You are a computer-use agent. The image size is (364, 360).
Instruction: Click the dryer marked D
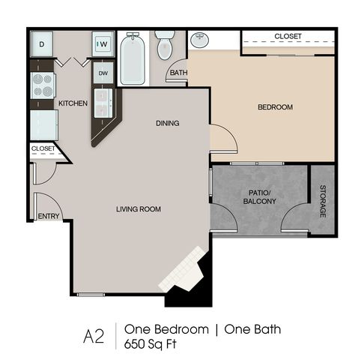(x=41, y=44)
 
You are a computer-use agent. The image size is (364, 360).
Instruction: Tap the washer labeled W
(x=103, y=44)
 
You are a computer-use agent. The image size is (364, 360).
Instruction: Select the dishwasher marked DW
(x=103, y=73)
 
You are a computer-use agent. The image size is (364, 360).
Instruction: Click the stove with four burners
(x=43, y=85)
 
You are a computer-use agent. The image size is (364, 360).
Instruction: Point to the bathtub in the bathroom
(x=133, y=58)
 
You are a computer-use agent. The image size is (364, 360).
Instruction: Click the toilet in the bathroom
(x=165, y=45)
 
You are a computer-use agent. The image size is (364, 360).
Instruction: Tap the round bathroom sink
(x=199, y=40)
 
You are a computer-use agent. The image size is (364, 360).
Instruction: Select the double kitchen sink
(x=103, y=103)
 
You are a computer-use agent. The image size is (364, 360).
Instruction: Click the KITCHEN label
(x=73, y=103)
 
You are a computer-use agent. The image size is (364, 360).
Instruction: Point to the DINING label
(x=168, y=123)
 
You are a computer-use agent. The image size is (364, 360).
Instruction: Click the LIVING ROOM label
(x=139, y=209)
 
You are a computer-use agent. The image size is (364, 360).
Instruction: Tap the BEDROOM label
(x=275, y=107)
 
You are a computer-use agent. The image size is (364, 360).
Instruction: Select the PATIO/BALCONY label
(x=260, y=197)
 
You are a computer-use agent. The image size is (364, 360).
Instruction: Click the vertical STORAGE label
(x=323, y=201)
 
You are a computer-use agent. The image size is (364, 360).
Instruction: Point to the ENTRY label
(x=49, y=216)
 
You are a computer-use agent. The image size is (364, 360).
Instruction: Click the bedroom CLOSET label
(x=288, y=36)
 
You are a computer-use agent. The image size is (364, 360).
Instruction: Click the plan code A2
(x=94, y=337)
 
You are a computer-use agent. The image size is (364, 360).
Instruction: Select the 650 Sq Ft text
(x=151, y=344)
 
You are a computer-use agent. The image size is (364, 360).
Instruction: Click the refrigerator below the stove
(x=44, y=125)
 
